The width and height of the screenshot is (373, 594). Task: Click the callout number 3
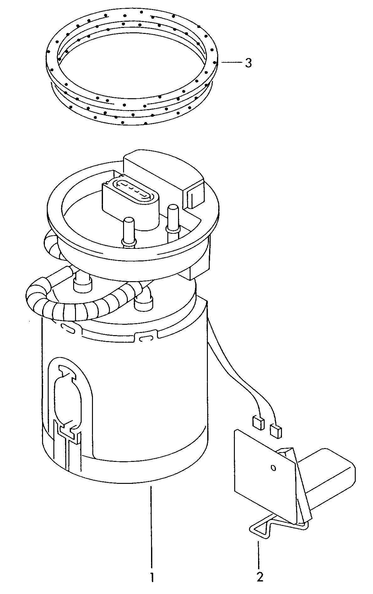pyautogui.click(x=248, y=63)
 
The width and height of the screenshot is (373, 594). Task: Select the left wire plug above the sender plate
pyautogui.click(x=257, y=423)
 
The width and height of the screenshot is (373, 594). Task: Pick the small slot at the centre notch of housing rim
pyautogui.click(x=145, y=339)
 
